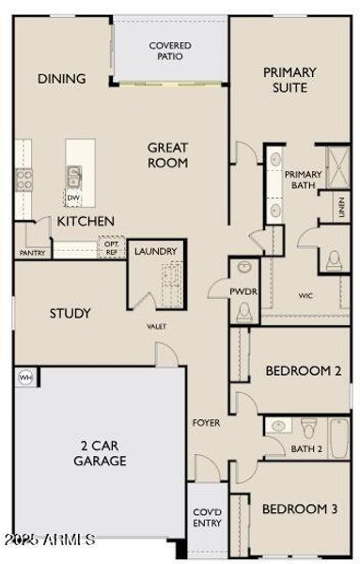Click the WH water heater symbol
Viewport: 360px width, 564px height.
point(24,377)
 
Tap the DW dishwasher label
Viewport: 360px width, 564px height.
point(73,198)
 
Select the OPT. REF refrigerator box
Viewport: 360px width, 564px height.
point(112,247)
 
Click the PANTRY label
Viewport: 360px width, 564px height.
point(31,253)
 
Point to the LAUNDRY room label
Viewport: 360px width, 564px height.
point(156,252)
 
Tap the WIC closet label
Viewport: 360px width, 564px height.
point(305,296)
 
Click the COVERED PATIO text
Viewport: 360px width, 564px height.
point(170,51)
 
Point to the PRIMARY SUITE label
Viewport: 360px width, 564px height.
point(290,80)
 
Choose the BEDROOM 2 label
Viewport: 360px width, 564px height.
point(303,370)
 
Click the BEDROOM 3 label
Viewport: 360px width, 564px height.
point(299,509)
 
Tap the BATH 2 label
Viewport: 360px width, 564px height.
point(305,449)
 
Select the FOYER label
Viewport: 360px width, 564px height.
point(207,423)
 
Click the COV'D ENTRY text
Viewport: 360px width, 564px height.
point(207,517)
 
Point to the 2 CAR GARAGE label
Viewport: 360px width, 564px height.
point(100,452)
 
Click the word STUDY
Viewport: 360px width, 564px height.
point(70,313)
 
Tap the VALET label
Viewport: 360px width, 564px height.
point(156,326)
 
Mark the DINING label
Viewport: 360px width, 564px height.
point(62,79)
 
